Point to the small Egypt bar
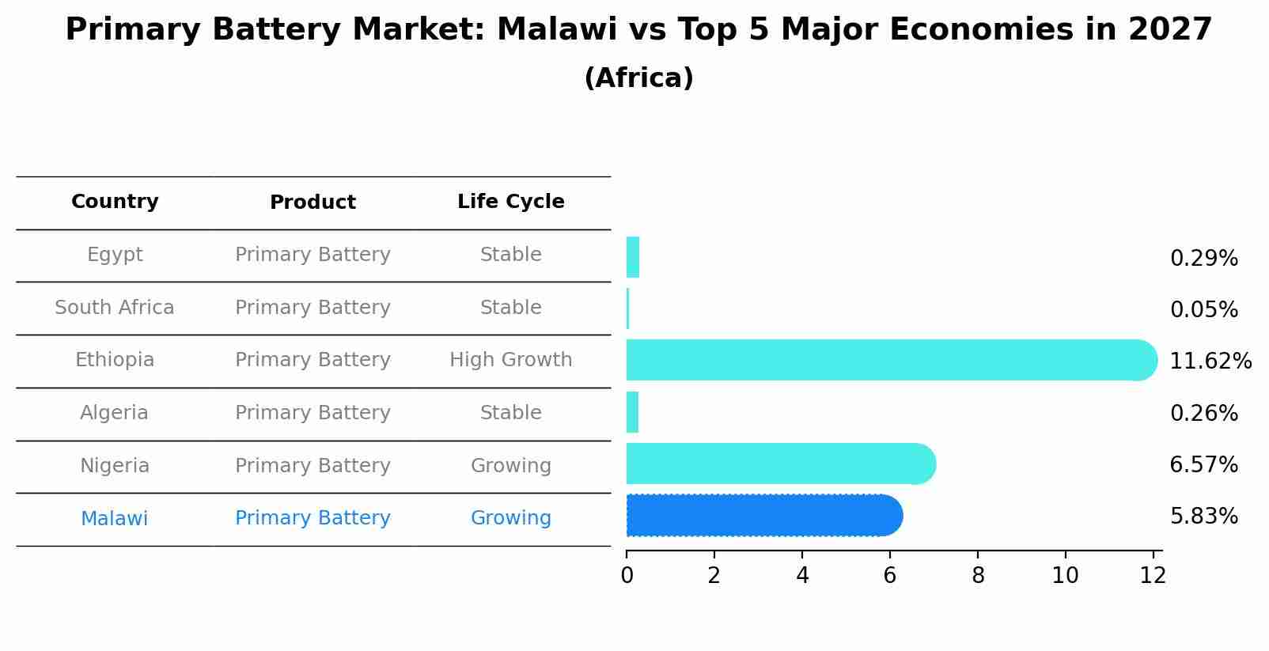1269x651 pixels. click(x=632, y=257)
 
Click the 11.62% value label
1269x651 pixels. click(x=1210, y=361)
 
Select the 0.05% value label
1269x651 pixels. click(x=1203, y=310)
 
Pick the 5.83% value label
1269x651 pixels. click(x=1203, y=517)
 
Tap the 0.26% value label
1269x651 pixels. click(x=1203, y=413)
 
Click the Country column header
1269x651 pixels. click(x=115, y=202)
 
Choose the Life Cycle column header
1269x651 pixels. click(x=510, y=202)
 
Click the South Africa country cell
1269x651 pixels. click(x=115, y=308)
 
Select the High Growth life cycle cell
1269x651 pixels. click(x=510, y=360)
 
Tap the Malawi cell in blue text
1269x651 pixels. click(x=115, y=519)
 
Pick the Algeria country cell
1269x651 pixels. click(x=115, y=413)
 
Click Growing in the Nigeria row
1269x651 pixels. click(x=510, y=466)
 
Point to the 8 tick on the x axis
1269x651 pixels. click(x=978, y=576)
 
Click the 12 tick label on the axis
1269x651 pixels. click(x=1153, y=576)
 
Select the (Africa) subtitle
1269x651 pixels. click(x=638, y=78)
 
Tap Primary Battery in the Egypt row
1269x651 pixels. click(x=313, y=255)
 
